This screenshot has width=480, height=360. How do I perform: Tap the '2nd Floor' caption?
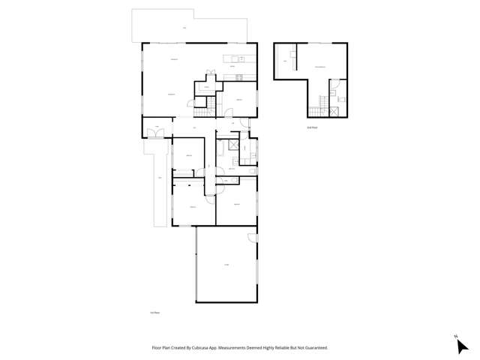click(x=311, y=127)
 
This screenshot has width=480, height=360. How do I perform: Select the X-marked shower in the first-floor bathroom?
click(x=235, y=145)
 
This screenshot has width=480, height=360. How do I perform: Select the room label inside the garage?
click(x=226, y=264)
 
